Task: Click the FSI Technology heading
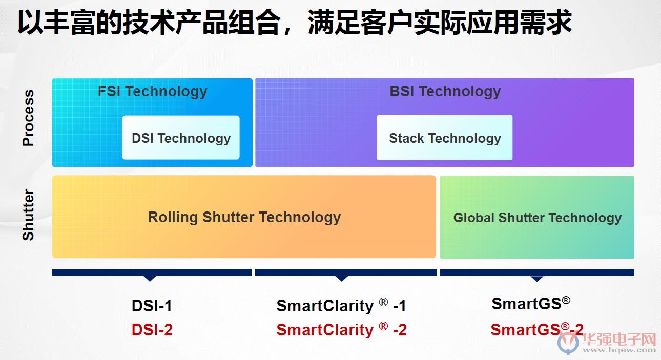[x=152, y=91]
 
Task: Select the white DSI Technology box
[x=181, y=138]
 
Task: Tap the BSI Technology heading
[x=445, y=91]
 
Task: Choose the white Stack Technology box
[x=445, y=138]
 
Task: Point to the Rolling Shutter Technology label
[x=244, y=218]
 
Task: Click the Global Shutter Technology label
[x=538, y=218]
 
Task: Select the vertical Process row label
[x=28, y=118]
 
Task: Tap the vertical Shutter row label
[x=28, y=215]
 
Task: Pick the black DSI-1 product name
[x=152, y=305]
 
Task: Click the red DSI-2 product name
[x=152, y=330]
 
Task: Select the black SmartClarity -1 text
[x=341, y=305]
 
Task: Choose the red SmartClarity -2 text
[x=341, y=330]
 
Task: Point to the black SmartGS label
[x=531, y=303]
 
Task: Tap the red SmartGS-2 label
[x=537, y=329]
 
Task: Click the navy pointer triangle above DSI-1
[x=150, y=279]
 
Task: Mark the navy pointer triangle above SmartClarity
[x=341, y=279]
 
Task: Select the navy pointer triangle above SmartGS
[x=537, y=279]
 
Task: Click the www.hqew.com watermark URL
[x=619, y=350]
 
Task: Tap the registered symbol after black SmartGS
[x=566, y=301]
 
